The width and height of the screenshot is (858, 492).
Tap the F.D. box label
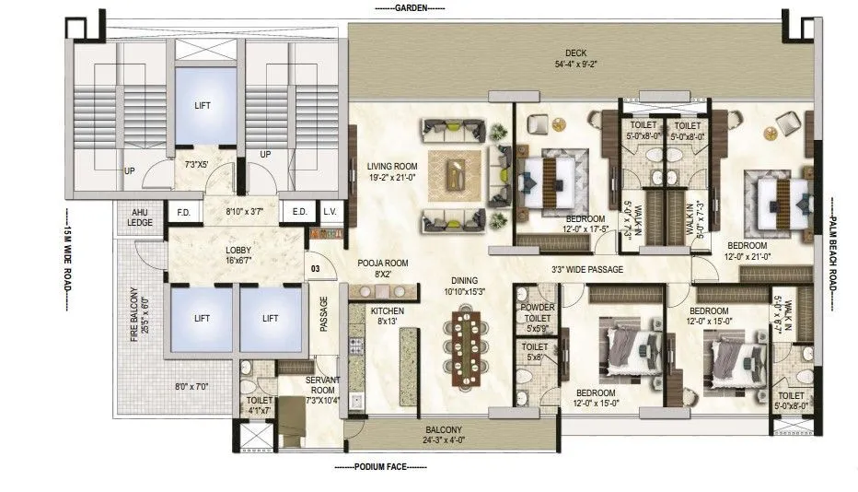(x=182, y=212)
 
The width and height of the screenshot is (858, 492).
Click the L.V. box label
(x=330, y=212)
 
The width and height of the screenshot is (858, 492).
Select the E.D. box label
(x=298, y=212)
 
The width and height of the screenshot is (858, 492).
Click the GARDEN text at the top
(x=409, y=7)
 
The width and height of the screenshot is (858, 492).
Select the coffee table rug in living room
(x=453, y=171)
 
